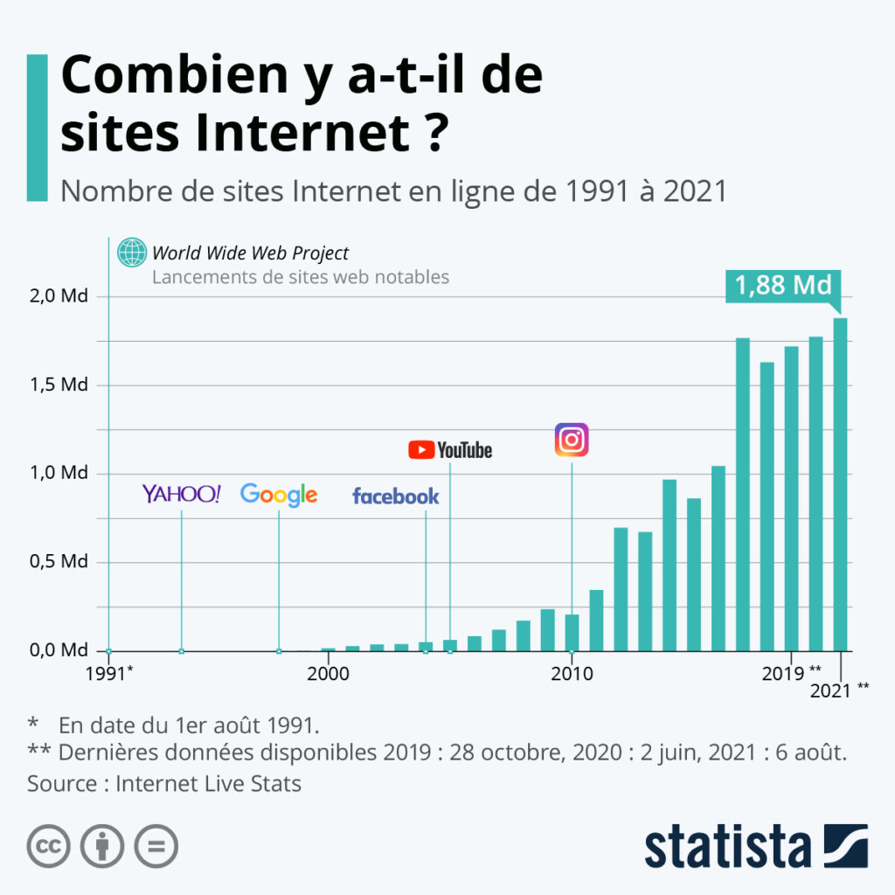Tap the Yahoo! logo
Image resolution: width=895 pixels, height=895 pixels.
click(x=181, y=494)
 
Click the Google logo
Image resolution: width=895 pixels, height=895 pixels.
click(x=279, y=495)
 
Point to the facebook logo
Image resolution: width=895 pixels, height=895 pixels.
click(x=395, y=496)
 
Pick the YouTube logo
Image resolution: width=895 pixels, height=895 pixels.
click(x=450, y=450)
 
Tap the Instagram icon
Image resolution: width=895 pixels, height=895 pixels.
click(x=572, y=440)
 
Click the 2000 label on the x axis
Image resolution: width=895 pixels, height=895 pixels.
click(x=329, y=674)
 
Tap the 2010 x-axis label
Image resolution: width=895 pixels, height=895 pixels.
click(x=572, y=674)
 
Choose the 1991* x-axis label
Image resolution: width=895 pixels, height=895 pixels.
click(x=109, y=674)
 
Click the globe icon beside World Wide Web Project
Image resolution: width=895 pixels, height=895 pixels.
click(x=133, y=253)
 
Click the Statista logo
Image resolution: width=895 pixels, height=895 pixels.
click(x=756, y=846)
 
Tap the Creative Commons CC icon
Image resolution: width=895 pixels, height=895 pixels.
click(x=49, y=846)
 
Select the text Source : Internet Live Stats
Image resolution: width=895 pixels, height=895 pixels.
click(x=164, y=783)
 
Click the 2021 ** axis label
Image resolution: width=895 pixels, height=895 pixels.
click(x=839, y=690)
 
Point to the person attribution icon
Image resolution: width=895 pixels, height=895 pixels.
click(x=102, y=846)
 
